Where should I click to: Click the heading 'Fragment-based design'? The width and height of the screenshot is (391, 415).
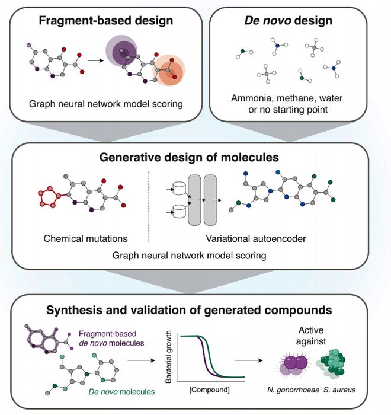point(106,21)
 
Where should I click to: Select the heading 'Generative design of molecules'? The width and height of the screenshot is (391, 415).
point(189,157)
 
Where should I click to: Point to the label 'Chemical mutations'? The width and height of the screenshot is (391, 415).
point(85,238)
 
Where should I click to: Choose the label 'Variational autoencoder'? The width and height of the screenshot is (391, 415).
point(256,238)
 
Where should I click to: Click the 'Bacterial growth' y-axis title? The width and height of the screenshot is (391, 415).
point(168,357)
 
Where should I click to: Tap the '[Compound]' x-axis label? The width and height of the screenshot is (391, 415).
point(210,390)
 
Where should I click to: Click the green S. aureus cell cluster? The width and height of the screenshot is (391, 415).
point(332,362)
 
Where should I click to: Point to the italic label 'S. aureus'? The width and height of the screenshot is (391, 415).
point(339,390)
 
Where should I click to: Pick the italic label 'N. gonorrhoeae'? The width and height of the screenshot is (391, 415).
point(293,390)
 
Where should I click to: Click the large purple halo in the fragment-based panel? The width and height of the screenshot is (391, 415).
point(121,50)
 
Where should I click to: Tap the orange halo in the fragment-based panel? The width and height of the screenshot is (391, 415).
point(168,70)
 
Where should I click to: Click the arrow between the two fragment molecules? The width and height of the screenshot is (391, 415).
point(95,60)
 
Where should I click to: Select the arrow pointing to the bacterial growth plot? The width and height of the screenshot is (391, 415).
point(141,360)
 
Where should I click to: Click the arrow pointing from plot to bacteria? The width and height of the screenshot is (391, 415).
point(249,360)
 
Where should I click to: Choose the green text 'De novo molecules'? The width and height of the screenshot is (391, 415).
point(121,391)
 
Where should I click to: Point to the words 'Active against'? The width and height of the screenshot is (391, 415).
point(311,336)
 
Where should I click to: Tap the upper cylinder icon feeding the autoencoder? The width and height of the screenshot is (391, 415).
point(179,189)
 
